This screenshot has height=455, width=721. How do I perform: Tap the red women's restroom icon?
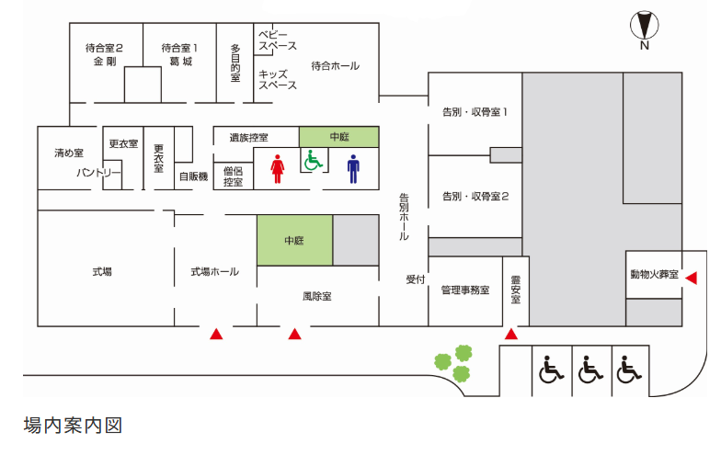278,169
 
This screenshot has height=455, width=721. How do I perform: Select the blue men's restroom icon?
353,169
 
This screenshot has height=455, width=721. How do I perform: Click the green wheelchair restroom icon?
313,160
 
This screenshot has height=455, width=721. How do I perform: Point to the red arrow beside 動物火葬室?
692,278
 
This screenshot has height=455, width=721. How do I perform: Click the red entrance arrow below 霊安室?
511,334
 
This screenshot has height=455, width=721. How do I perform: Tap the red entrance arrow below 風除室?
294,334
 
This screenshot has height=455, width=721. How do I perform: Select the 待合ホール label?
335,66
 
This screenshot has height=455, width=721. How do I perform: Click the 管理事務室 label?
465,290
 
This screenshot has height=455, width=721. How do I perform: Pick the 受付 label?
416,279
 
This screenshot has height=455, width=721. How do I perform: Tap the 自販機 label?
193,176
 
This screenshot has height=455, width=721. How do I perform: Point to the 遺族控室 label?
248,138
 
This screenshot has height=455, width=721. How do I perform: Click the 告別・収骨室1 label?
475,112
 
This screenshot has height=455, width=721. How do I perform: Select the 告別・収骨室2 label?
475,197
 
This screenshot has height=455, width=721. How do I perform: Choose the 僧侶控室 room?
234,176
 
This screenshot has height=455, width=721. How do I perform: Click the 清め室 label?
69,153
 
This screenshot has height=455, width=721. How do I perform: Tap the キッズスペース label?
278,79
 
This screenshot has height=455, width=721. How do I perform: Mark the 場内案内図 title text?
73,426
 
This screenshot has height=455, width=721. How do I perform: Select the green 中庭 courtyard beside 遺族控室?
338,137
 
